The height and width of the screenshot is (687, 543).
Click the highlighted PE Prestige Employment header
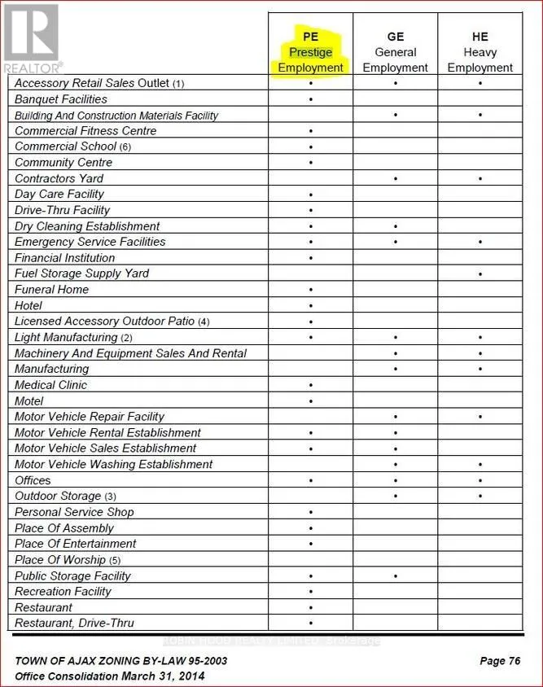(x=310, y=52)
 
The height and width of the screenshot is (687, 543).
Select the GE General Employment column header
(x=395, y=52)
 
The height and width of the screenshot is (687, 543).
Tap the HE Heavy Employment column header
(x=480, y=52)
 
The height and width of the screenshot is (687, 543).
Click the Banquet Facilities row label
(x=61, y=99)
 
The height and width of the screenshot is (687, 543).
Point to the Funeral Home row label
(x=52, y=290)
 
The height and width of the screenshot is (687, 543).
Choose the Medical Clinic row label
(x=50, y=385)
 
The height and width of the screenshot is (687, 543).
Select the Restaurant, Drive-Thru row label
(x=75, y=624)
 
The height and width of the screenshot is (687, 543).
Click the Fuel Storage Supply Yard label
(x=81, y=273)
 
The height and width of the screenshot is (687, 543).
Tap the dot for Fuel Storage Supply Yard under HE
(x=480, y=274)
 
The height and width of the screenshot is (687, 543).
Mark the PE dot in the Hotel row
(x=311, y=306)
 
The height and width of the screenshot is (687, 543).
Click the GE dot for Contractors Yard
(x=396, y=179)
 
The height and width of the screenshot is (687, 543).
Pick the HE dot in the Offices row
(x=480, y=481)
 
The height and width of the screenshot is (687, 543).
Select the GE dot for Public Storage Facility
(x=396, y=576)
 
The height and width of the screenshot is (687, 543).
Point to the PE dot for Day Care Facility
(x=311, y=195)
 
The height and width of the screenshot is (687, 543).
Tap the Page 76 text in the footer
(x=500, y=661)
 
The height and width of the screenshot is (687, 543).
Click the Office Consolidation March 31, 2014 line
(x=110, y=676)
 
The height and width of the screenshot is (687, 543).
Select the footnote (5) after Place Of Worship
(x=115, y=561)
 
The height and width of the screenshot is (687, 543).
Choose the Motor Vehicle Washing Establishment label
(x=114, y=465)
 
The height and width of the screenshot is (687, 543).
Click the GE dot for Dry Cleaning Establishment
(x=396, y=226)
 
